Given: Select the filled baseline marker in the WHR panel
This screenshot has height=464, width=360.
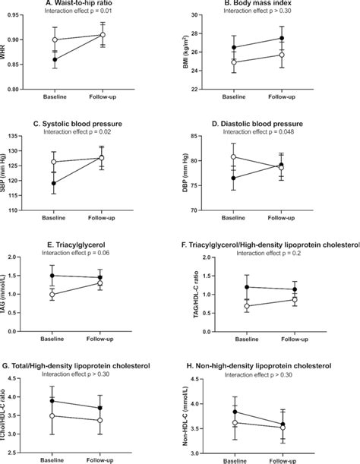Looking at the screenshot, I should click(x=55, y=59).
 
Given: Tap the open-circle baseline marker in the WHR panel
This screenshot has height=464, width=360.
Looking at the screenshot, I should click(x=55, y=39).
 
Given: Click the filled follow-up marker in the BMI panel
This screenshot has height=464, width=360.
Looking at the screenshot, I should click(x=282, y=38).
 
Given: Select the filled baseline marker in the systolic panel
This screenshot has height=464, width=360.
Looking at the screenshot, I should click(x=55, y=183).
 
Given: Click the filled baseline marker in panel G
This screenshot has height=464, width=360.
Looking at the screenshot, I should click(x=55, y=400).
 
